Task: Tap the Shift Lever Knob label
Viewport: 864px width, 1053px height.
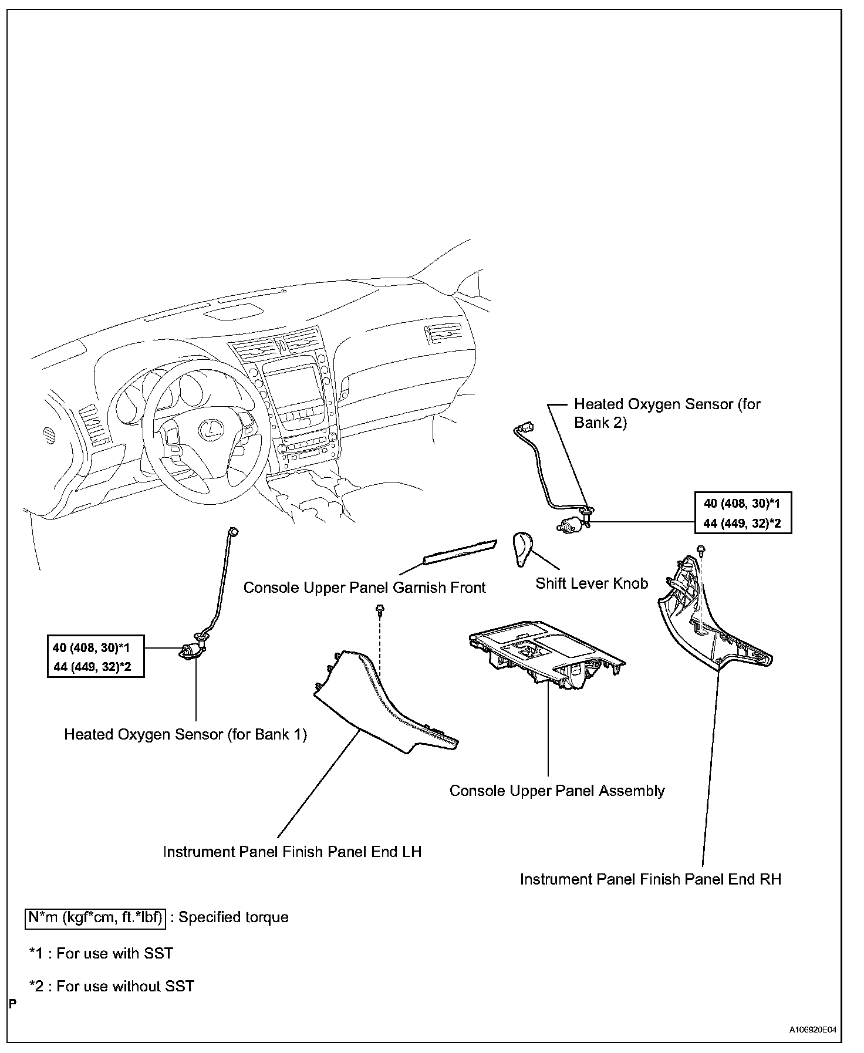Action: click(x=591, y=583)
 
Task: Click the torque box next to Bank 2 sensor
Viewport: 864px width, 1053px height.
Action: click(x=743, y=512)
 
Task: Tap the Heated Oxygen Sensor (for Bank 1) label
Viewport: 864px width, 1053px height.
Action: click(x=185, y=734)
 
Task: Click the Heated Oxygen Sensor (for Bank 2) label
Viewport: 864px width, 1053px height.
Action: click(x=667, y=413)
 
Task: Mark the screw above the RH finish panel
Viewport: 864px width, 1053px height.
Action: click(x=701, y=549)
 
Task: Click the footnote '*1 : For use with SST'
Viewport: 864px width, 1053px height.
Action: click(x=101, y=953)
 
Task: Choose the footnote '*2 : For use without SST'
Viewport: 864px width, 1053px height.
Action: click(x=112, y=986)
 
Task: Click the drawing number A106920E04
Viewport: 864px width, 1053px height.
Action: click(x=812, y=1030)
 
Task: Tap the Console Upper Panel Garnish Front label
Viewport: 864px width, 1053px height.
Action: click(x=365, y=588)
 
